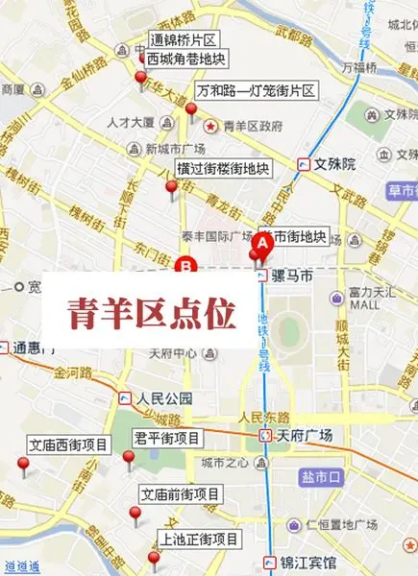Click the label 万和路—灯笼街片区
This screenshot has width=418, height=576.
[256, 91]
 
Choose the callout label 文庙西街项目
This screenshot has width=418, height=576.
[66, 445]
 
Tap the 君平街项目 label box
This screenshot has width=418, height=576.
[166, 439]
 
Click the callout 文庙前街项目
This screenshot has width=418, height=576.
[180, 495]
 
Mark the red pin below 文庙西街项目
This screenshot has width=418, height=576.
[24, 466]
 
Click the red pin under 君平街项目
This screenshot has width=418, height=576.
[128, 459]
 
